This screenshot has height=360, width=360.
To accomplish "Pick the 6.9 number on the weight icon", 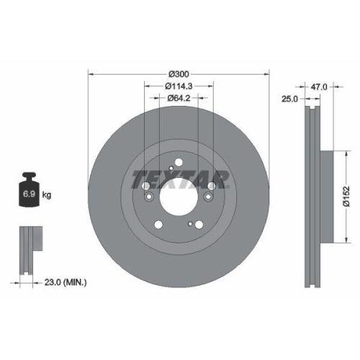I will (31, 195).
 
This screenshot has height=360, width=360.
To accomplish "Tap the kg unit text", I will (47, 195).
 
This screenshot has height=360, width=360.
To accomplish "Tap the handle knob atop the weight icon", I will (31, 175).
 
